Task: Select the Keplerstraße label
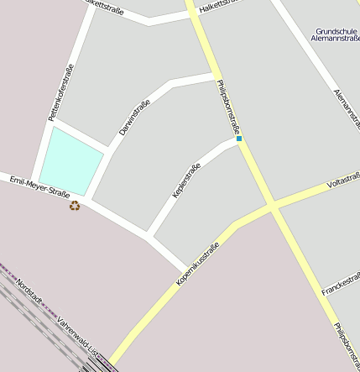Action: pyautogui.click(x=186, y=181)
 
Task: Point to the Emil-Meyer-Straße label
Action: pyautogui.click(x=39, y=186)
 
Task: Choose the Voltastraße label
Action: pyautogui.click(x=343, y=181)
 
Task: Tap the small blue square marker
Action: pyautogui.click(x=239, y=139)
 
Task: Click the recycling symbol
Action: pyautogui.click(x=75, y=205)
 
